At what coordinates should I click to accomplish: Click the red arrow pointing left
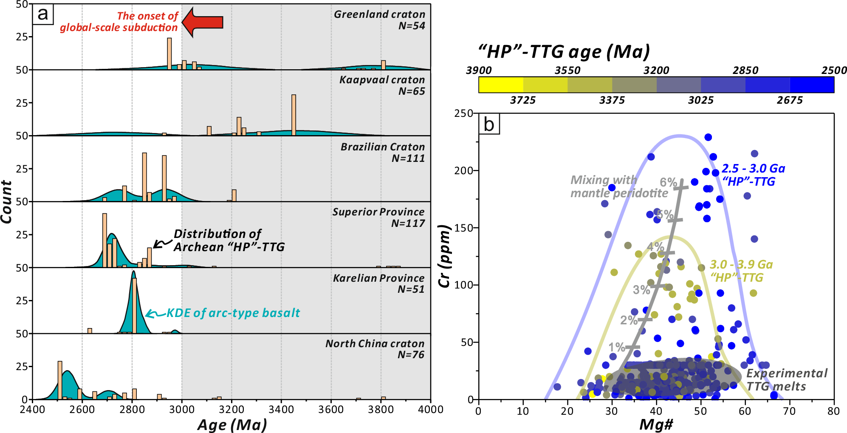tap(203, 22)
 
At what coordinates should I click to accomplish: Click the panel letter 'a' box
tap(43, 14)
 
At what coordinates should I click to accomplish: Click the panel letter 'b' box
tap(489, 125)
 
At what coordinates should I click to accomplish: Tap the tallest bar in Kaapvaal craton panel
tap(294, 115)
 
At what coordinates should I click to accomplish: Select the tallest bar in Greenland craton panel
tap(169, 54)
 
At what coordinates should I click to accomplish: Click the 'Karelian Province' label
tap(378, 278)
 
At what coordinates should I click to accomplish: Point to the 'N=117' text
tap(408, 224)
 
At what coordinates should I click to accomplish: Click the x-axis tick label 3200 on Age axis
tap(232, 410)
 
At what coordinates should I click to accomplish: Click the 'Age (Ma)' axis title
tap(232, 425)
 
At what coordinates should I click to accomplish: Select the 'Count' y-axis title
tap(6, 202)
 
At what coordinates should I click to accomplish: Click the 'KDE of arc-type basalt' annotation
tap(233, 313)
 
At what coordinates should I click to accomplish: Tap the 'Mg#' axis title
tap(656, 425)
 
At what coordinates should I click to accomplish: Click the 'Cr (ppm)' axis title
tap(444, 256)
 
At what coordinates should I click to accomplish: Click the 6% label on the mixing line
tap(668, 182)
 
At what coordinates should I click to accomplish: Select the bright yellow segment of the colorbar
tap(501, 85)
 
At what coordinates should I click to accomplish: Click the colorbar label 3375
tap(612, 100)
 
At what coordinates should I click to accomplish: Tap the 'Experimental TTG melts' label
tap(787, 380)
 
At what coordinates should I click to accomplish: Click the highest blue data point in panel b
tap(708, 137)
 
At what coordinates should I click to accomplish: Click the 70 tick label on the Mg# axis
tap(789, 411)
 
